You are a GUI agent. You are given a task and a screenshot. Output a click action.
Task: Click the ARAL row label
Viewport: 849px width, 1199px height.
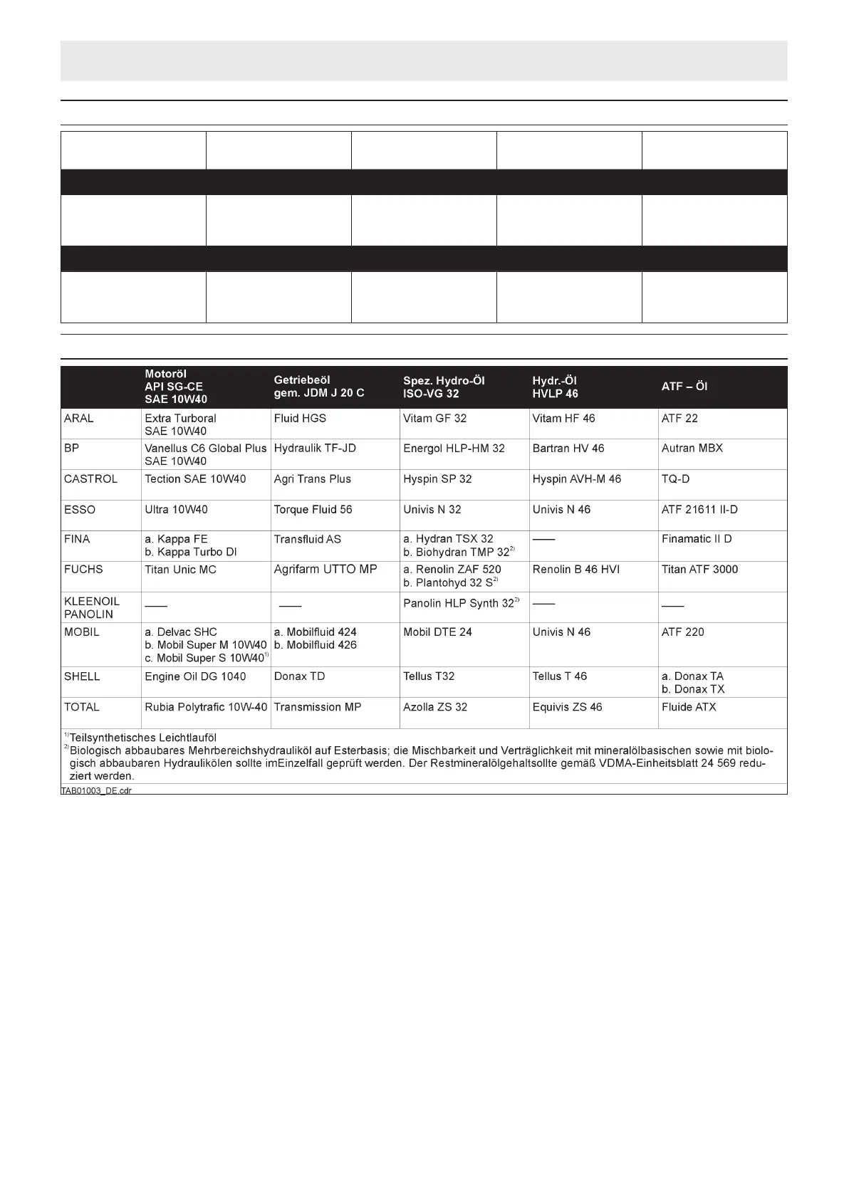(x=78, y=419)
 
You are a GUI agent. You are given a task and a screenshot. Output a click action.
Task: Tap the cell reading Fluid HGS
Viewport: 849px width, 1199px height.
(x=300, y=419)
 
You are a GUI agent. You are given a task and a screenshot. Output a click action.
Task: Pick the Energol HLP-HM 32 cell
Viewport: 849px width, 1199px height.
(x=454, y=449)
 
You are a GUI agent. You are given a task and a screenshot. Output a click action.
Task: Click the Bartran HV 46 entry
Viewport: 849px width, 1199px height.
(x=568, y=449)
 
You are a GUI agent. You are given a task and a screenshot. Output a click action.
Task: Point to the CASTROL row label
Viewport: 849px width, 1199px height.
(x=90, y=479)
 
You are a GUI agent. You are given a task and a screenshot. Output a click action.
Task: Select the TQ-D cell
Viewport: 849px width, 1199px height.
(x=675, y=479)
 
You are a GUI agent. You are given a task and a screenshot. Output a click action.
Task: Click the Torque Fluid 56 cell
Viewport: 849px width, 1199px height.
(x=313, y=510)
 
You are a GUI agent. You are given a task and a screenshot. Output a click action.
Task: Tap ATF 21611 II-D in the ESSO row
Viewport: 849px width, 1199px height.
(x=699, y=510)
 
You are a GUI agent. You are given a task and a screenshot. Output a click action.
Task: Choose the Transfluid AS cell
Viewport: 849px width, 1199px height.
(x=307, y=540)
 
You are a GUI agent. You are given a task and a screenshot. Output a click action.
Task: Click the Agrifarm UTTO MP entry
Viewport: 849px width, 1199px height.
(x=325, y=570)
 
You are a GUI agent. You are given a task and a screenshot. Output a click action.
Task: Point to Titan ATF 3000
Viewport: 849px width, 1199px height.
(x=699, y=570)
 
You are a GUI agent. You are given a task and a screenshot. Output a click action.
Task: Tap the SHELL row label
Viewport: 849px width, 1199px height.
(x=82, y=676)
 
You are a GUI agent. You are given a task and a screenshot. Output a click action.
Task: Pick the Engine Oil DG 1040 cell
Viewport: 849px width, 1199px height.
(x=195, y=676)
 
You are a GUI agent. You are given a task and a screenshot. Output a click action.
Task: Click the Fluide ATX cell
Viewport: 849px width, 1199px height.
(x=689, y=707)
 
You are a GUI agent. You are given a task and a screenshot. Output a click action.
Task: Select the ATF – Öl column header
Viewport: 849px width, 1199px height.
(x=684, y=387)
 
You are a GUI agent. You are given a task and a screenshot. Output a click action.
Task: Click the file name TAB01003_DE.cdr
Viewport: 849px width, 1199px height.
(x=96, y=790)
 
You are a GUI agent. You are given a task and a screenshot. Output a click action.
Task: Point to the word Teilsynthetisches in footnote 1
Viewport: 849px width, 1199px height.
(x=110, y=738)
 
